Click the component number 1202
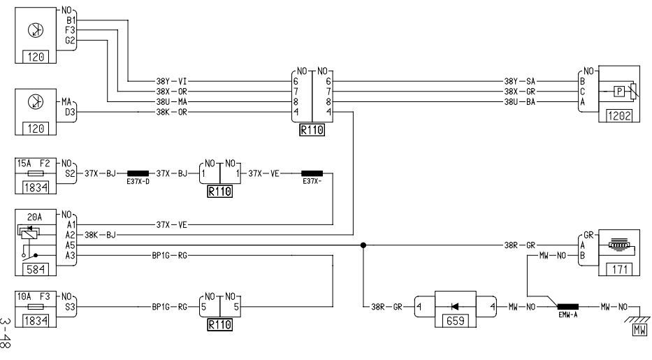(619, 115)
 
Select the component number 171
(619, 269)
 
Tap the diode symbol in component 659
(455, 307)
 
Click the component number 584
(36, 269)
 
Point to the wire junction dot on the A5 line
(363, 245)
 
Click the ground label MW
(639, 330)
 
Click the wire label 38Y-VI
(171, 82)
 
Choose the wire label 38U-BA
(520, 102)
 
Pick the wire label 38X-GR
(520, 92)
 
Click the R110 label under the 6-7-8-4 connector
(312, 130)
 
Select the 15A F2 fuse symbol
(36, 174)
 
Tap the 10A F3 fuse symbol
(36, 307)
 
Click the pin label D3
(71, 112)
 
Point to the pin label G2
(70, 41)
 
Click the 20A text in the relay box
(34, 217)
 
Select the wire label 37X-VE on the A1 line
(171, 225)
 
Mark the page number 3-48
(6, 334)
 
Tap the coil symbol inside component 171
(620, 245)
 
